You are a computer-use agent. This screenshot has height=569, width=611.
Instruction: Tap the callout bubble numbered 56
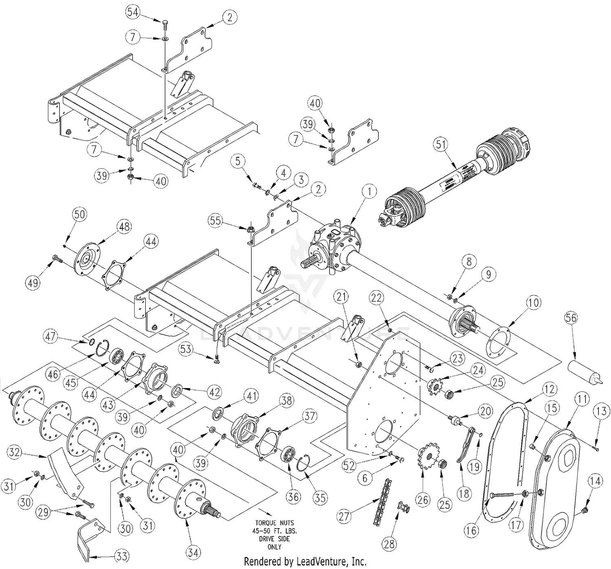click(x=571, y=317)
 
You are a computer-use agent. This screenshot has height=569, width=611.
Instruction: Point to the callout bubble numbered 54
click(x=132, y=11)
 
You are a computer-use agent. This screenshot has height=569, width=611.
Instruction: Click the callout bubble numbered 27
click(x=344, y=517)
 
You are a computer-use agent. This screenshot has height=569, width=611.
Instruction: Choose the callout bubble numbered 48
click(x=124, y=226)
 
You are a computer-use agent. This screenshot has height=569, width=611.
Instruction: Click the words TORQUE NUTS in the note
click(x=274, y=523)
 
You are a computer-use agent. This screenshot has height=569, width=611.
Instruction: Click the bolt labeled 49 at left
click(x=57, y=258)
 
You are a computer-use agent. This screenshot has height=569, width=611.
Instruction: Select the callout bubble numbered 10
click(x=534, y=303)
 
